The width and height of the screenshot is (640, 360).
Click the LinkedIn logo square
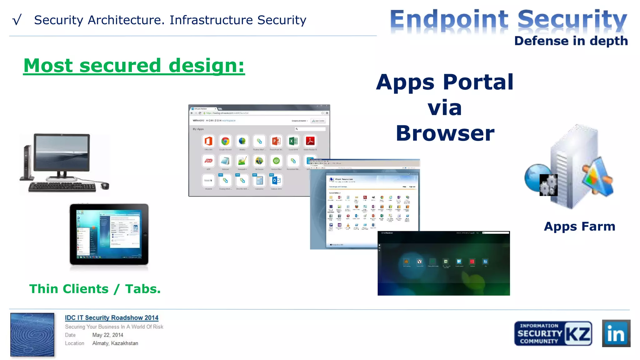(616, 333)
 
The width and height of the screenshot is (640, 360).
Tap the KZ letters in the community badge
(578, 334)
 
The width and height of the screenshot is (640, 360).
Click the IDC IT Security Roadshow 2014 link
(112, 317)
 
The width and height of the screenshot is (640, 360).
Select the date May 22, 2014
(107, 335)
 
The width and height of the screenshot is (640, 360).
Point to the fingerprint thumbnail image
(32, 334)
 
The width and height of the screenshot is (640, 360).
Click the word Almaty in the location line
(100, 343)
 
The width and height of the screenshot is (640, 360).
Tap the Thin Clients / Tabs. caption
(95, 289)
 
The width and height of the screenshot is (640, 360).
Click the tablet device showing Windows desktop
(109, 234)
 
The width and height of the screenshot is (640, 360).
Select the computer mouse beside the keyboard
(105, 186)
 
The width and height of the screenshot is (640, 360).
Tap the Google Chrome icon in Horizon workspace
(225, 141)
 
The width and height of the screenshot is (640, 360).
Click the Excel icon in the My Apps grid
(293, 141)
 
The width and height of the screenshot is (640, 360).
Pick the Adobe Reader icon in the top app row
(310, 141)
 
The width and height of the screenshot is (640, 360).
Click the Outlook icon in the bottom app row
(276, 180)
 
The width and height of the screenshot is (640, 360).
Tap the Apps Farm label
(579, 226)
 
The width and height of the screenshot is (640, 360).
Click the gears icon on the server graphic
(548, 185)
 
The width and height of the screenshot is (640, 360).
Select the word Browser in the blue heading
(445, 133)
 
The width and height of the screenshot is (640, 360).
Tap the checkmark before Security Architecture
(17, 20)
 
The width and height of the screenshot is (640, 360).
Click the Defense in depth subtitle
(571, 41)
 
